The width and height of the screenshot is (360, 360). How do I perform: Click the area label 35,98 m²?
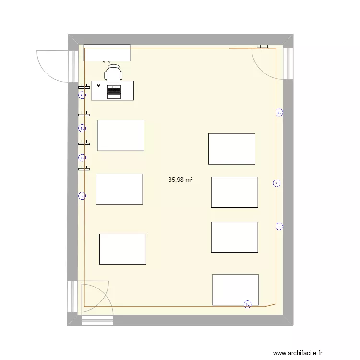click(x=180, y=180)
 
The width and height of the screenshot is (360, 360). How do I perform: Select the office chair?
click(x=113, y=73)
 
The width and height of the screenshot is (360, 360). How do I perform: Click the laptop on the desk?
click(x=114, y=92)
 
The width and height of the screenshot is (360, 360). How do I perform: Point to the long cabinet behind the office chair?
click(x=107, y=53)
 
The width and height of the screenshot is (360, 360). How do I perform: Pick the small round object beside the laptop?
click(x=99, y=85)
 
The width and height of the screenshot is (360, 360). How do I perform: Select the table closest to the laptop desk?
click(x=120, y=135)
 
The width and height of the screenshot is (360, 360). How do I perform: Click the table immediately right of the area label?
click(x=234, y=192)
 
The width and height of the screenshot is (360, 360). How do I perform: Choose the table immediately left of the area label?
click(x=119, y=189)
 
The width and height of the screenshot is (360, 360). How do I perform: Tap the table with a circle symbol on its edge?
click(x=235, y=289)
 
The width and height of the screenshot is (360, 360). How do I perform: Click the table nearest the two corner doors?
click(x=122, y=249)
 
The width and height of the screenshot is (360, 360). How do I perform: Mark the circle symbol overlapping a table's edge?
click(x=247, y=304)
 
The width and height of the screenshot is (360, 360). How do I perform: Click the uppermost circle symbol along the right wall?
click(x=279, y=113)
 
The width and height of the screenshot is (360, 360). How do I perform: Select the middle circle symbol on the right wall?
click(x=276, y=183)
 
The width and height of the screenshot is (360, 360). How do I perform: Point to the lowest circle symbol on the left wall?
click(x=82, y=196)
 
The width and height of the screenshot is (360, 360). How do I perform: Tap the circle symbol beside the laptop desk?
click(x=82, y=96)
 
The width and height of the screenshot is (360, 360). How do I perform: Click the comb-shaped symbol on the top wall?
click(x=263, y=47)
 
